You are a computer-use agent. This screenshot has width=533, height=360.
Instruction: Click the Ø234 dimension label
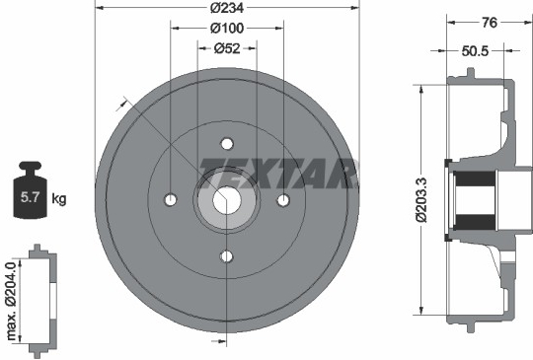(227, 8)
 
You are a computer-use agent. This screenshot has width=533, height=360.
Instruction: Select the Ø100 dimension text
(227, 29)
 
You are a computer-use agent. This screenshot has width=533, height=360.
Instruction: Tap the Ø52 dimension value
(227, 48)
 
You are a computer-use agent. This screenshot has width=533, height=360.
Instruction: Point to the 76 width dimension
(490, 23)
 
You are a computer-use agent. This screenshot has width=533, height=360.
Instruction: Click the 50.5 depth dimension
(475, 51)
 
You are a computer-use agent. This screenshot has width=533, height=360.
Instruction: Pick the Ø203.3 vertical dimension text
(421, 199)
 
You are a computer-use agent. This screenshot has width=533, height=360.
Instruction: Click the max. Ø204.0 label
(11, 301)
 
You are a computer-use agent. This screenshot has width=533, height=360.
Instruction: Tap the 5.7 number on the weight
(31, 197)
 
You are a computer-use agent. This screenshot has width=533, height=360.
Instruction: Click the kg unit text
(59, 198)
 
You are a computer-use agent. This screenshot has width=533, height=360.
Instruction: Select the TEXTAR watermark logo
(277, 174)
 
